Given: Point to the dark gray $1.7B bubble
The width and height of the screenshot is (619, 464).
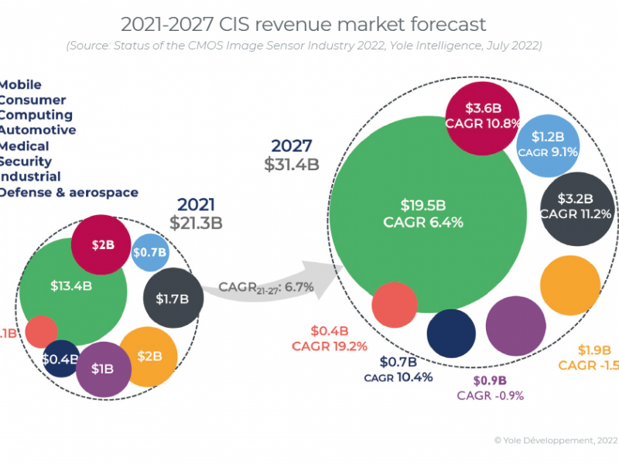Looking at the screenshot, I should [x=173, y=298].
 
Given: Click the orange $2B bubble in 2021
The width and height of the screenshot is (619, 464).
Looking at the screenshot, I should [x=149, y=356].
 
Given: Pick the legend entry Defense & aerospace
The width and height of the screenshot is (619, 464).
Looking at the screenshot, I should [x=68, y=193].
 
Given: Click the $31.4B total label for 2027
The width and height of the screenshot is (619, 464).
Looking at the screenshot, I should [x=291, y=164].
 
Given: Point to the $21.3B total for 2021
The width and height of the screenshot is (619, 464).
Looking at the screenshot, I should [x=196, y=223].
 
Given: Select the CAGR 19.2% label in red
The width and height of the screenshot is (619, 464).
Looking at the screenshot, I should [x=329, y=346].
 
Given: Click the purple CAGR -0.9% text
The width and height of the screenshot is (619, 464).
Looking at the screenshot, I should [x=490, y=396].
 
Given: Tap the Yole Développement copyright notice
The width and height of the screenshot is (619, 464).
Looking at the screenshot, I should [x=556, y=440].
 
